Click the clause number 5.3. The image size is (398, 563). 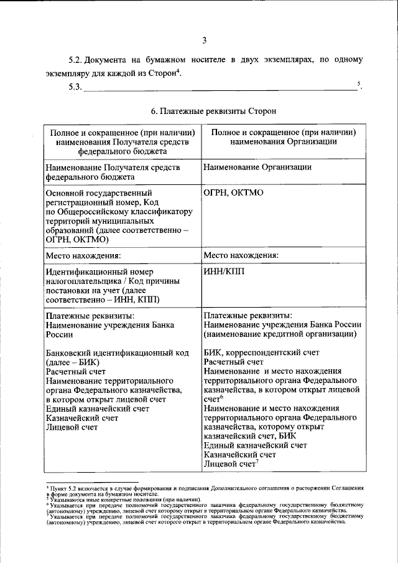[75, 87]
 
